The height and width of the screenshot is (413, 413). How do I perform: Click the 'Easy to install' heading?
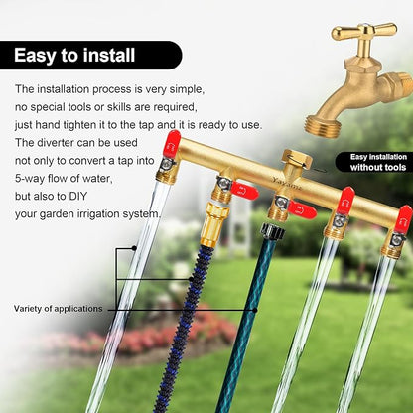(74, 55)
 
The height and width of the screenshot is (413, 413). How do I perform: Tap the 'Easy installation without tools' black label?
(374, 161)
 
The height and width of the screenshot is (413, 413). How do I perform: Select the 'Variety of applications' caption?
(54, 309)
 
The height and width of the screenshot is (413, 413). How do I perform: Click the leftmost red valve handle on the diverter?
(172, 143)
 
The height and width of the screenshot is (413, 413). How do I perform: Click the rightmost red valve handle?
(402, 219)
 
